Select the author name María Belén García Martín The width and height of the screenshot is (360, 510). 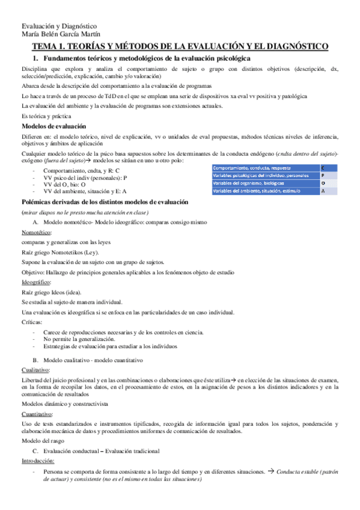coord(61,34)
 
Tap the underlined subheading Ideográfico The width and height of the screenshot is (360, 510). coord(35,281)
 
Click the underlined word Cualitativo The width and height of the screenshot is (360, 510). coord(35,370)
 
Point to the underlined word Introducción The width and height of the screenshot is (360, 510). coord(38,461)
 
